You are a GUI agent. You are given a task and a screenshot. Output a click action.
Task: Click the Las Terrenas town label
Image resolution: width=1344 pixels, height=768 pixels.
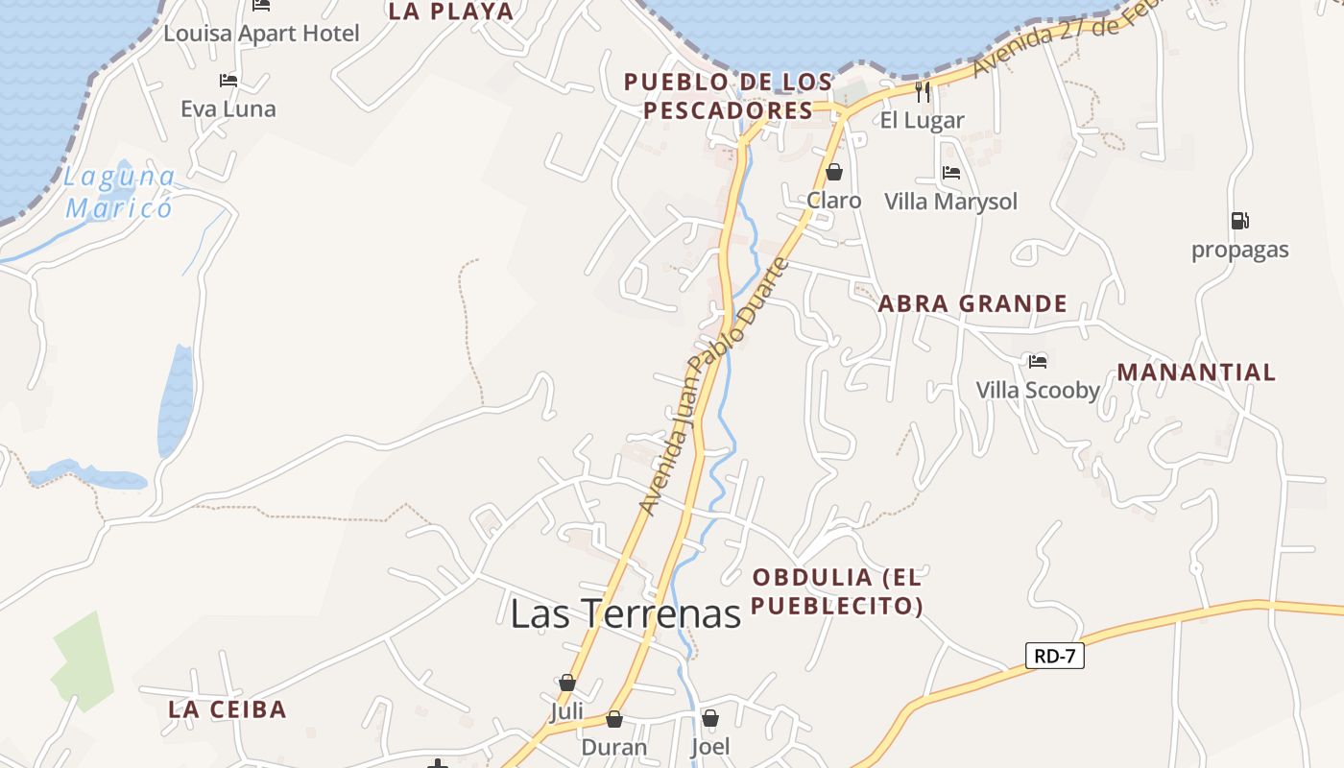click(626, 613)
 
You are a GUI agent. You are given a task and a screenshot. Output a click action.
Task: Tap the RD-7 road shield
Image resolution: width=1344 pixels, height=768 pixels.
click(1055, 657)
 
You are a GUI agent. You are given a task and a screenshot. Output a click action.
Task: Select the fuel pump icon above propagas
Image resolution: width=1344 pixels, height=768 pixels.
click(1239, 221)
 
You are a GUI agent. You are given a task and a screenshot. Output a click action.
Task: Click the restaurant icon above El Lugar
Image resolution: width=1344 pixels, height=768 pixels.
click(923, 92)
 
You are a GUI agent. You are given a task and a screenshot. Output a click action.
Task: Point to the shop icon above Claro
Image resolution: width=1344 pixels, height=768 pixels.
click(833, 172)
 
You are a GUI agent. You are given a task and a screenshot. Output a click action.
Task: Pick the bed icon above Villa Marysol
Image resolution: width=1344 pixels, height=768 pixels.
click(950, 173)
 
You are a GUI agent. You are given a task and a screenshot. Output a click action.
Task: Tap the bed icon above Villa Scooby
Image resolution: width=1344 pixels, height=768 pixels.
click(1037, 361)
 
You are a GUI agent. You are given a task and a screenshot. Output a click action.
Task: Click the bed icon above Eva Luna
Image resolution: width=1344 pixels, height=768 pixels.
click(228, 81)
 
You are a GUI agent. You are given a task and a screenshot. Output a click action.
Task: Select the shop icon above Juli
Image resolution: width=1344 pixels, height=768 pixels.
click(567, 683)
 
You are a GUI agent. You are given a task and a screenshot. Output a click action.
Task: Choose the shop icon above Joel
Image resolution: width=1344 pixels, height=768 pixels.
click(710, 718)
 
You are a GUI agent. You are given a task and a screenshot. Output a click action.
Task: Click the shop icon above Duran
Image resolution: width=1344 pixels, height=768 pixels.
click(614, 718)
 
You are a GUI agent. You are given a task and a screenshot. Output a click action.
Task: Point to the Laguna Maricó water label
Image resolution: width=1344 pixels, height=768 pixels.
click(120, 192)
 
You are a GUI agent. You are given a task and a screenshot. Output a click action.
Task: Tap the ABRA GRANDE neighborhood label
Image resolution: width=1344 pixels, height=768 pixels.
click(972, 304)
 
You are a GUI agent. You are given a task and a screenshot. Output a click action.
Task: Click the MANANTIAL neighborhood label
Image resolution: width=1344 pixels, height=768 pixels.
click(1196, 372)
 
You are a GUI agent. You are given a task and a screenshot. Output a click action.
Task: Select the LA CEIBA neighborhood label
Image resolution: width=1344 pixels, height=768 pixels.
click(228, 709)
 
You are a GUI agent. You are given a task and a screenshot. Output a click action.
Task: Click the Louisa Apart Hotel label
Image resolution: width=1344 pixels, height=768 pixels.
click(261, 34)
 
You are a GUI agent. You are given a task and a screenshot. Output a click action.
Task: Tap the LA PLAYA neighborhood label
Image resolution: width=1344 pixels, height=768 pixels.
click(450, 12)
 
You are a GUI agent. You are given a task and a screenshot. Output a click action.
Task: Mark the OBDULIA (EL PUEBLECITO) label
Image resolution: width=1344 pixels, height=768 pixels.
click(837, 591)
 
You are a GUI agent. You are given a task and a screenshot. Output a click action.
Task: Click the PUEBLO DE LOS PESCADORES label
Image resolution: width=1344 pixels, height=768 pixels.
click(729, 96)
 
